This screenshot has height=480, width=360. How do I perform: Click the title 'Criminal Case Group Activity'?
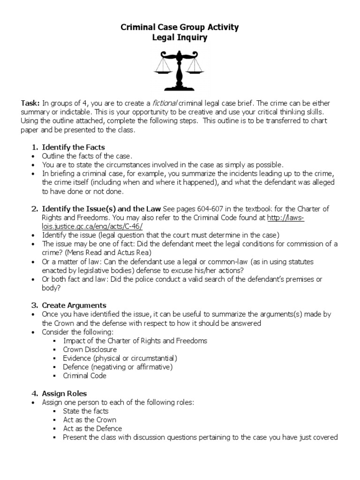(x=180, y=27)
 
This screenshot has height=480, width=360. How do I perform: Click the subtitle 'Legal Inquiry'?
(x=180, y=38)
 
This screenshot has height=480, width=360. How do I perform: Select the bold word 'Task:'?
(x=30, y=103)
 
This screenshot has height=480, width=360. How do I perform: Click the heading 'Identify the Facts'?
(x=73, y=147)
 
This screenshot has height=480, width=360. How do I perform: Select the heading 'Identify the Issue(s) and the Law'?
(x=101, y=209)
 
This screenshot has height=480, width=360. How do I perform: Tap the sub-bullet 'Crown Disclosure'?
(x=90, y=349)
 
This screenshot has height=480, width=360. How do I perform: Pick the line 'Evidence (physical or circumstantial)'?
(x=120, y=358)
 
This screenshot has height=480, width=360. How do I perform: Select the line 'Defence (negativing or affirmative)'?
(x=118, y=367)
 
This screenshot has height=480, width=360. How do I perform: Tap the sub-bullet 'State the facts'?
(x=86, y=411)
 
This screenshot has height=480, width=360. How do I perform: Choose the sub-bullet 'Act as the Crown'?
(x=90, y=420)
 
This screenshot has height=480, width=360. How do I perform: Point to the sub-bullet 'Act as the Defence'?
(x=92, y=428)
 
